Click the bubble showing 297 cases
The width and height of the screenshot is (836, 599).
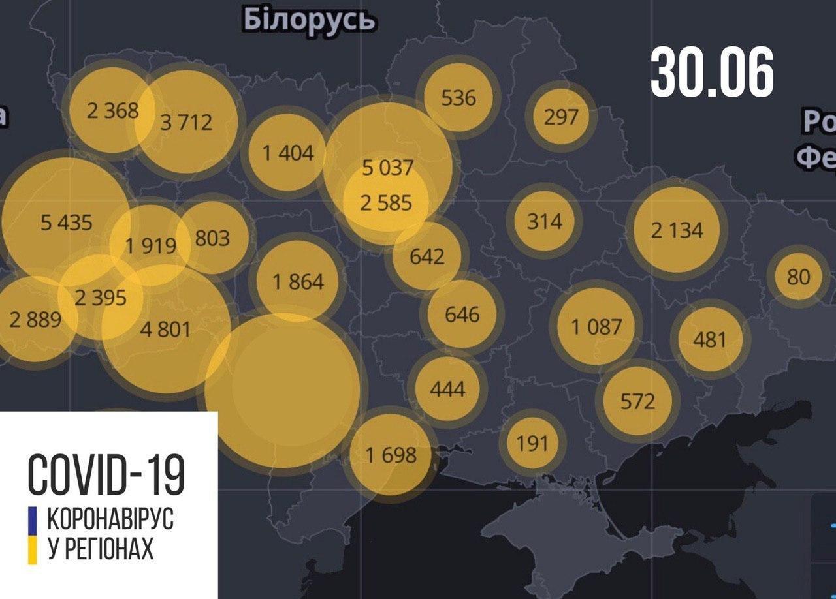561,117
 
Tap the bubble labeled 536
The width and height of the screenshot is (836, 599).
458,98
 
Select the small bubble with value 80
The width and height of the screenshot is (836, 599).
798,277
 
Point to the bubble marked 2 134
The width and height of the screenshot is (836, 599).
677,230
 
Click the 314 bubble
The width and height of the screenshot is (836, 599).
544,221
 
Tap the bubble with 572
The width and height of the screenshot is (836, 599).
637,400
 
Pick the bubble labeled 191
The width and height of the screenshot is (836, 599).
532,443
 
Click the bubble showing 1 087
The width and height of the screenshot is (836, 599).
596,326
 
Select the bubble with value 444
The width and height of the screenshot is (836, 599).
448,389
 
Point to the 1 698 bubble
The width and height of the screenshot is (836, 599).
391,455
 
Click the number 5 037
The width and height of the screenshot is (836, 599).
388,168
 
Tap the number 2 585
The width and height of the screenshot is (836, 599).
387,203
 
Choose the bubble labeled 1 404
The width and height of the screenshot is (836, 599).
288,153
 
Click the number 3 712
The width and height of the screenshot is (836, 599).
187,122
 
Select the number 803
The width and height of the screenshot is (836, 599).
212,238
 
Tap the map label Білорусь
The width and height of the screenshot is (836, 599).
310,20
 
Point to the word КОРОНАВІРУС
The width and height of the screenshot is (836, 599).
110,520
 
